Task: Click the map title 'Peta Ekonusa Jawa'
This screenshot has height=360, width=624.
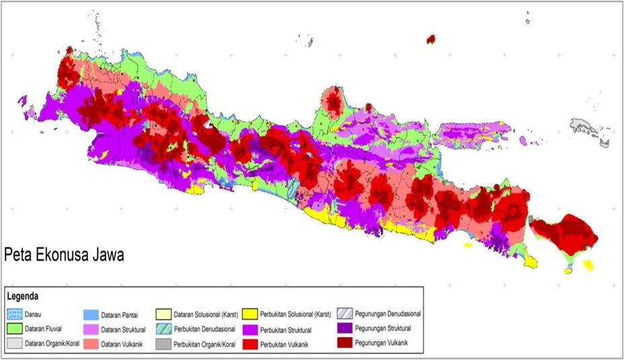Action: click(65, 256)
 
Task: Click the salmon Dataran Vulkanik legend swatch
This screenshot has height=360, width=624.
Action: click(91, 344)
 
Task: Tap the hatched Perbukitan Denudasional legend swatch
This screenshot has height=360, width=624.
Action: click(164, 329)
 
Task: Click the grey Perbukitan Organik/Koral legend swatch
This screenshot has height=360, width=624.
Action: click(164, 344)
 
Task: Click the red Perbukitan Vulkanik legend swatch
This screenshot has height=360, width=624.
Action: click(250, 344)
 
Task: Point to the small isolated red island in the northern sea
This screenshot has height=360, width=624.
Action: click(430, 40)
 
